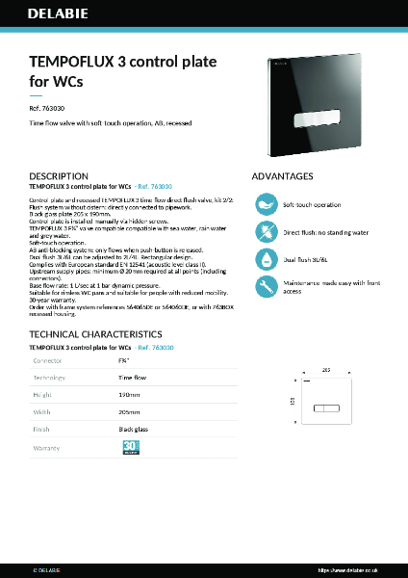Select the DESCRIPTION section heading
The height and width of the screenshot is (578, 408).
59,176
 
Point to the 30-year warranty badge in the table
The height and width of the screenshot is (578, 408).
132,448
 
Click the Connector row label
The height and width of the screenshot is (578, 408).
49,360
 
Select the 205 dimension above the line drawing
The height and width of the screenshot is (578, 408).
326,369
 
